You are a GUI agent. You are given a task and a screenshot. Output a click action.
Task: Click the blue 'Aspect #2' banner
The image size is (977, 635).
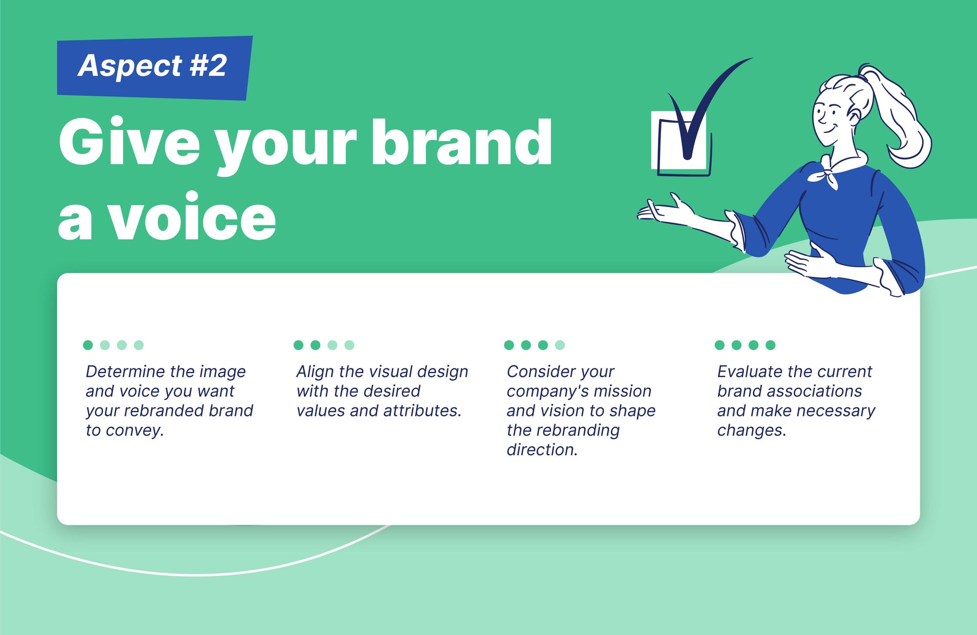tap(154, 67)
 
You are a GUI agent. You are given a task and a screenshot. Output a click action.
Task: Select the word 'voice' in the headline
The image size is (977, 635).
tap(191, 218)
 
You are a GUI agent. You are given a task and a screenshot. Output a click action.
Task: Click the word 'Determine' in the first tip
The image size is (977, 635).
tap(125, 372)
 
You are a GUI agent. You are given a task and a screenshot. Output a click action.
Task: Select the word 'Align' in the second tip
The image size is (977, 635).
tap(314, 372)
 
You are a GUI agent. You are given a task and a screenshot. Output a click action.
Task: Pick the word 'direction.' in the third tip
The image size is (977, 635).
tap(542, 450)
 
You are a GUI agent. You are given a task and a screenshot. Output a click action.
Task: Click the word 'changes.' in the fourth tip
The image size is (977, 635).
tap(752, 430)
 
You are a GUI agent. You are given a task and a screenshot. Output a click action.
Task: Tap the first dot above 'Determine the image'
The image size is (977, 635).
tap(88, 345)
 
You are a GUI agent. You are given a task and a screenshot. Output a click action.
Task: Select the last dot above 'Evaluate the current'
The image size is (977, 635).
tap(770, 345)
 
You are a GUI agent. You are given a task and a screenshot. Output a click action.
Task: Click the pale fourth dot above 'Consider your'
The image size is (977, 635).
tap(560, 345)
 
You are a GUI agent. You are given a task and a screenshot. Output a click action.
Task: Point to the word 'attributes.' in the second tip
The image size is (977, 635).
tap(423, 411)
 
